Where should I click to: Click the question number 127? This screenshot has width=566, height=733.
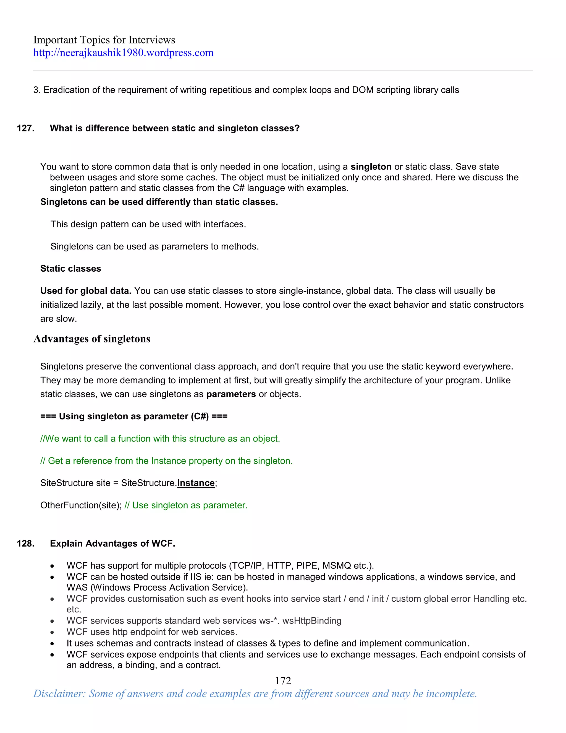pyautogui.click(x=25, y=128)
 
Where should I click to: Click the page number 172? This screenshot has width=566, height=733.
pyautogui.click(x=283, y=681)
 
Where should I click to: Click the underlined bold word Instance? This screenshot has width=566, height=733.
pyautogui.click(x=196, y=483)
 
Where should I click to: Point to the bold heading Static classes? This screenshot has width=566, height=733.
pyautogui.click(x=70, y=269)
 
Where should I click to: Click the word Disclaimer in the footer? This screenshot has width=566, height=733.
pyautogui.click(x=59, y=694)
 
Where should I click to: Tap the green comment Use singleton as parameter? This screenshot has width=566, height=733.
pyautogui.click(x=186, y=505)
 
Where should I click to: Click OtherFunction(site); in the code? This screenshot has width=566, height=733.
pyautogui.click(x=81, y=505)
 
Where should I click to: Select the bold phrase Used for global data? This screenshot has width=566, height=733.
pyautogui.click(x=85, y=291)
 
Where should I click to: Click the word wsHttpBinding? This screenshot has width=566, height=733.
pyautogui.click(x=311, y=621)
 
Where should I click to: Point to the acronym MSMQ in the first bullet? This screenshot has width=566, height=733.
pyautogui.click(x=336, y=566)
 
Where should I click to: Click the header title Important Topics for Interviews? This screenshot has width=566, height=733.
pyautogui.click(x=104, y=40)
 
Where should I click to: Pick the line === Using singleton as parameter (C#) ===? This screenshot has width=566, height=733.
pyautogui.click(x=134, y=416)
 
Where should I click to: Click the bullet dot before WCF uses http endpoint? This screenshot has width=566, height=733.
pyautogui.click(x=52, y=632)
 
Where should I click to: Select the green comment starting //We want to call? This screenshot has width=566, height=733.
pyautogui.click(x=160, y=439)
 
